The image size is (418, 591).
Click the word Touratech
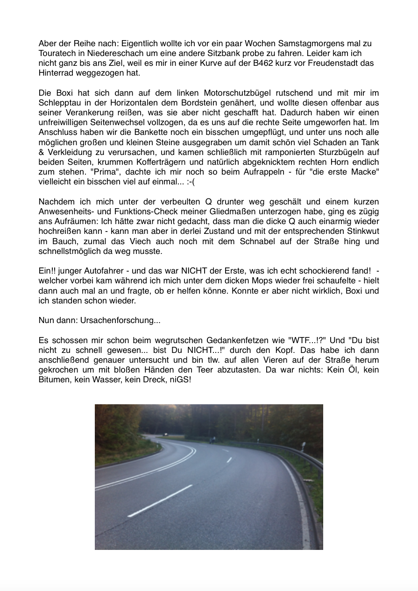57,54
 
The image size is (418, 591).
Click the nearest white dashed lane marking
160,500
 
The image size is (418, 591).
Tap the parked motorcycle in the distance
213,440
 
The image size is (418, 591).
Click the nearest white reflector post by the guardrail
303,447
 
